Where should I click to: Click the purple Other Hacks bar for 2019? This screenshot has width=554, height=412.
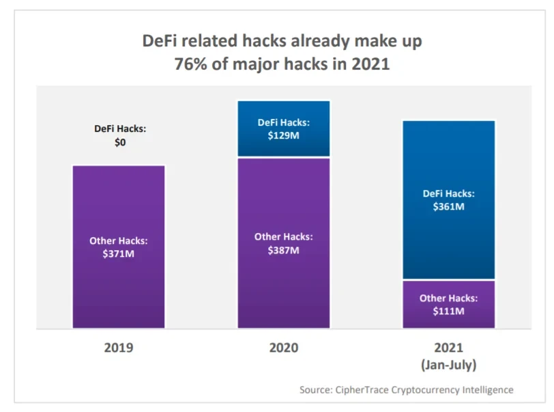(x=119, y=287)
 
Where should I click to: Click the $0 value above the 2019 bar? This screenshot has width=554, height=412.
(x=119, y=143)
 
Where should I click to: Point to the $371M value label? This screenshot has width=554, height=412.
(x=119, y=253)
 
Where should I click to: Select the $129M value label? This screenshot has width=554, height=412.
(x=283, y=135)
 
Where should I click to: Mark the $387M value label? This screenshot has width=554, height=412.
(x=283, y=250)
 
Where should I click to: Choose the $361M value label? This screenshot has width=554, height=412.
(x=448, y=206)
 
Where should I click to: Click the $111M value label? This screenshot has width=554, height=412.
(x=448, y=312)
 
